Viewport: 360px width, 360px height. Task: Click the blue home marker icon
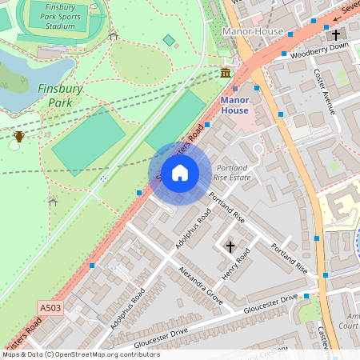coord(180,173)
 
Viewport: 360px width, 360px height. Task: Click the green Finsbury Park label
coord(61,96)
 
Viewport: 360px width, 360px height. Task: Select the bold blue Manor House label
coord(234,106)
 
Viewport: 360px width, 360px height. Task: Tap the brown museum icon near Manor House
coord(226,74)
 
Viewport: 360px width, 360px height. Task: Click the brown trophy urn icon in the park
coord(18,136)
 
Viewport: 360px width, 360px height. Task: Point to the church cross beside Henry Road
coord(230,246)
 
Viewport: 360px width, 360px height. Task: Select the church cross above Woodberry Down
coord(336,35)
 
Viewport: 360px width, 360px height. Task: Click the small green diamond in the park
coord(169,40)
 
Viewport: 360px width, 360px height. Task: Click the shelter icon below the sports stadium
coord(113,35)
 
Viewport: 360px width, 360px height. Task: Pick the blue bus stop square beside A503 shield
coord(92,265)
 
